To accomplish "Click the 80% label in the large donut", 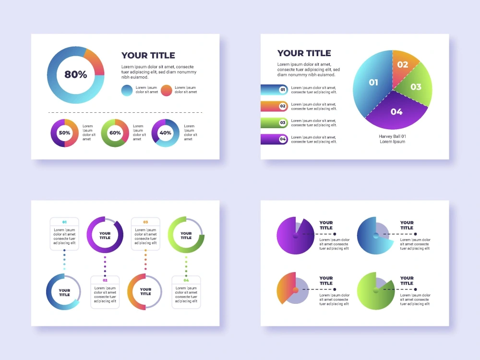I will (76, 74).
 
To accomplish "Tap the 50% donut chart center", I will (64, 133).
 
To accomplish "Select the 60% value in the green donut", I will (115, 133).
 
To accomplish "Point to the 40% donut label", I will (165, 133).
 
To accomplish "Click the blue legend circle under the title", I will (127, 90).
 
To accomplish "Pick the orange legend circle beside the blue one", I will (166, 90).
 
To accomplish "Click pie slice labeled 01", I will (373, 83).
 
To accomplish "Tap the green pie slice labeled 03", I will (416, 87).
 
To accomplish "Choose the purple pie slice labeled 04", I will (396, 112).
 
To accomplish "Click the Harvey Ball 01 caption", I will (393, 136).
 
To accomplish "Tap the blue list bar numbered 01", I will (274, 90).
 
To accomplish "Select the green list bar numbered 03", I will (274, 123).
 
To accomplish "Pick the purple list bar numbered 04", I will (274, 139).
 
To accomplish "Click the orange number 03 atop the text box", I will (145, 222).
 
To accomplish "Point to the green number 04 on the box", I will (186, 280).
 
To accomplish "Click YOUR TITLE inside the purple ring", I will (105, 235).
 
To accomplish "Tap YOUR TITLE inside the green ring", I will (186, 235).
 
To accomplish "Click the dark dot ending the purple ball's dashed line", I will (335, 234).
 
